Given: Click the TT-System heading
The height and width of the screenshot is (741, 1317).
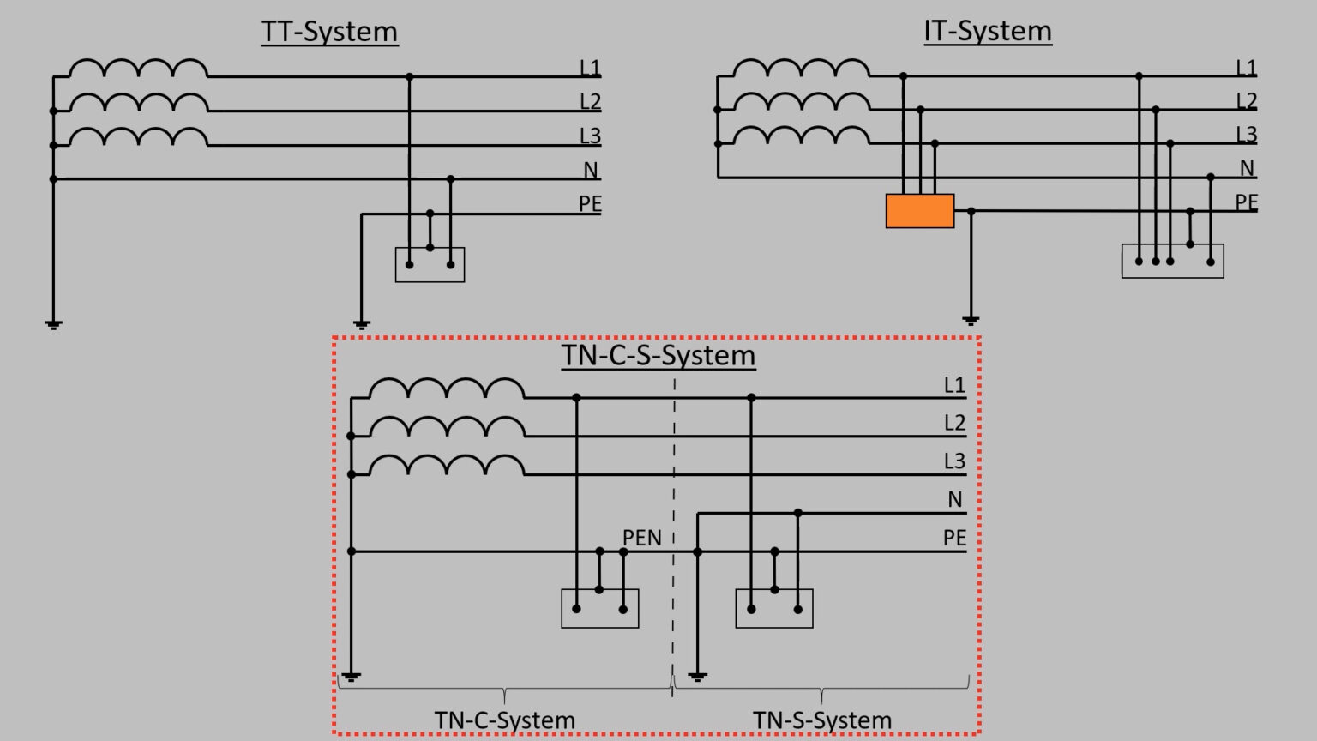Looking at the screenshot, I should [x=329, y=32].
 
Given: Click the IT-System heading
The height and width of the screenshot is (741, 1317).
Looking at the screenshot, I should [x=987, y=31].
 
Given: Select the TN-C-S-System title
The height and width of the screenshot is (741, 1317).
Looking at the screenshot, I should [x=658, y=355].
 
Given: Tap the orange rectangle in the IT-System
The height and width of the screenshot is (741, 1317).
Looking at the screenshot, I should [x=919, y=211].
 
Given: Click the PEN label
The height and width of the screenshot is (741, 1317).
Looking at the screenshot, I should [x=641, y=538].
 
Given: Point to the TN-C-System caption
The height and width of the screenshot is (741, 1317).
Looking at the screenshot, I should [x=504, y=720].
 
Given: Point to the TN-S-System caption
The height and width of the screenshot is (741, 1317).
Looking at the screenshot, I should [x=821, y=720].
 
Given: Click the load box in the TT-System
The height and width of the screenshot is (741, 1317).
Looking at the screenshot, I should [x=430, y=265].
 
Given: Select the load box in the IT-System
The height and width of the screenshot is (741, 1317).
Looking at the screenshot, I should [x=1172, y=262].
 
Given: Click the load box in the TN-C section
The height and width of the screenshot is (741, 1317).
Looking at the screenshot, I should [x=599, y=609].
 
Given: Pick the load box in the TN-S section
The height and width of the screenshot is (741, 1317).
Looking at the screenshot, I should [x=773, y=609].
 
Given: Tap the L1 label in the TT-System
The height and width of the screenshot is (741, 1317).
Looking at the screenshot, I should [x=590, y=68].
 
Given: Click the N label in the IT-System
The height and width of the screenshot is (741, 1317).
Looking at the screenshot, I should [x=1247, y=169].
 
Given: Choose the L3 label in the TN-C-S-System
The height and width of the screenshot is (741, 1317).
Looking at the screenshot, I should [x=954, y=461].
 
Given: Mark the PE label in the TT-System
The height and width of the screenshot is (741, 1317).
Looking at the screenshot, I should [x=590, y=204].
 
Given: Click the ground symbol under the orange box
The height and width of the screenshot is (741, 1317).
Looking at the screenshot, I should [x=971, y=321].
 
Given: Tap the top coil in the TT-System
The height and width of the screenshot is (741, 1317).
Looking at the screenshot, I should [x=138, y=69].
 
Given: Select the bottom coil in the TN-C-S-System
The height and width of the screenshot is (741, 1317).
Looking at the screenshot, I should [x=447, y=466].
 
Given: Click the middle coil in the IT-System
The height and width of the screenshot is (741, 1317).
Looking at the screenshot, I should [x=802, y=102].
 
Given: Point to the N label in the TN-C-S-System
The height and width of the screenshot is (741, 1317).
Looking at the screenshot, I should [x=954, y=500].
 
